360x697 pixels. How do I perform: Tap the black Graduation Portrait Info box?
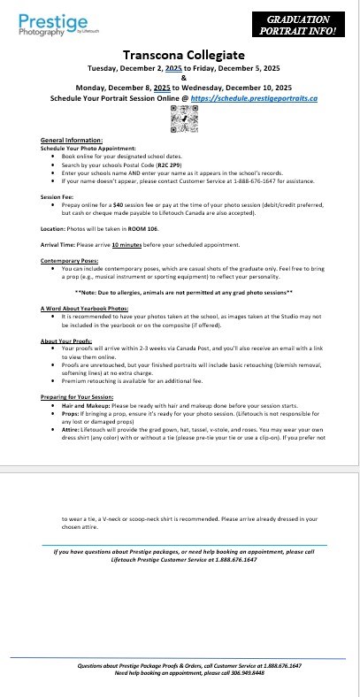click(x=303, y=24)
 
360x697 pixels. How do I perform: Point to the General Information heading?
click(x=72, y=141)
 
